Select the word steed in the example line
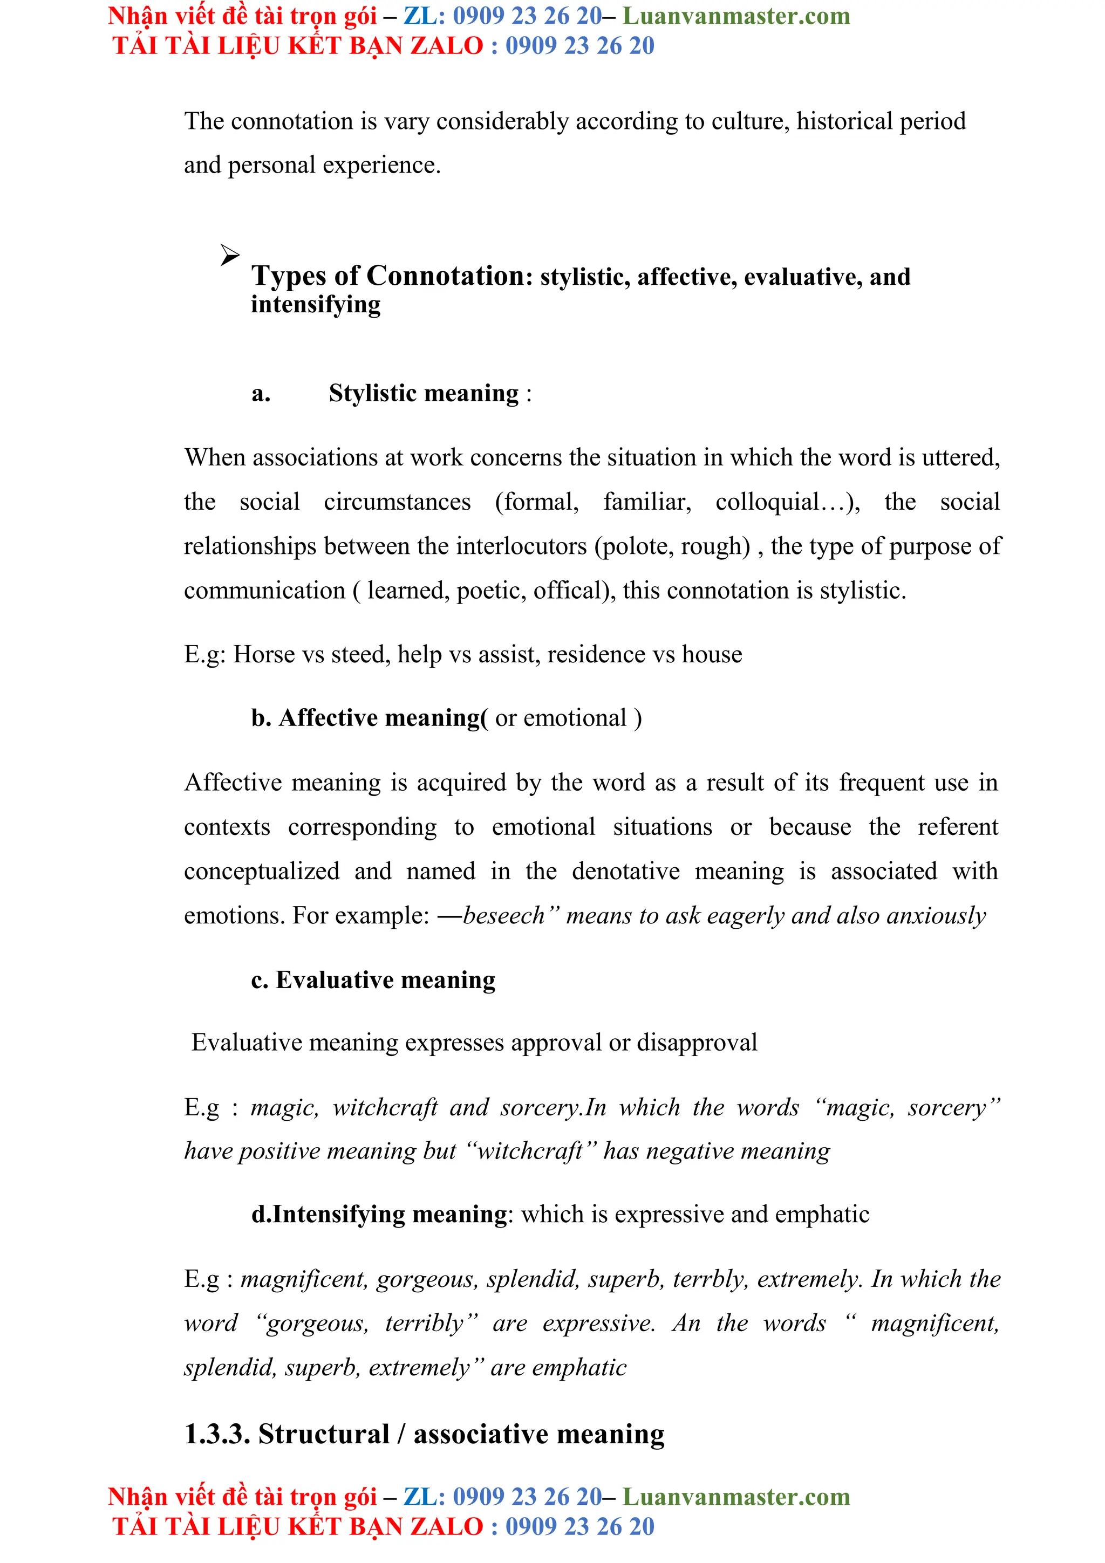tap(360, 654)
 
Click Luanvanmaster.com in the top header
tap(736, 16)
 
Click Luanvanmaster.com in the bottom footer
tap(736, 1496)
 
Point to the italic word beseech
tap(504, 916)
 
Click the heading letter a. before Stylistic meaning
tap(261, 394)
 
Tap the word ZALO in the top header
tap(447, 46)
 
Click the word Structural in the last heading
tap(323, 1434)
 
